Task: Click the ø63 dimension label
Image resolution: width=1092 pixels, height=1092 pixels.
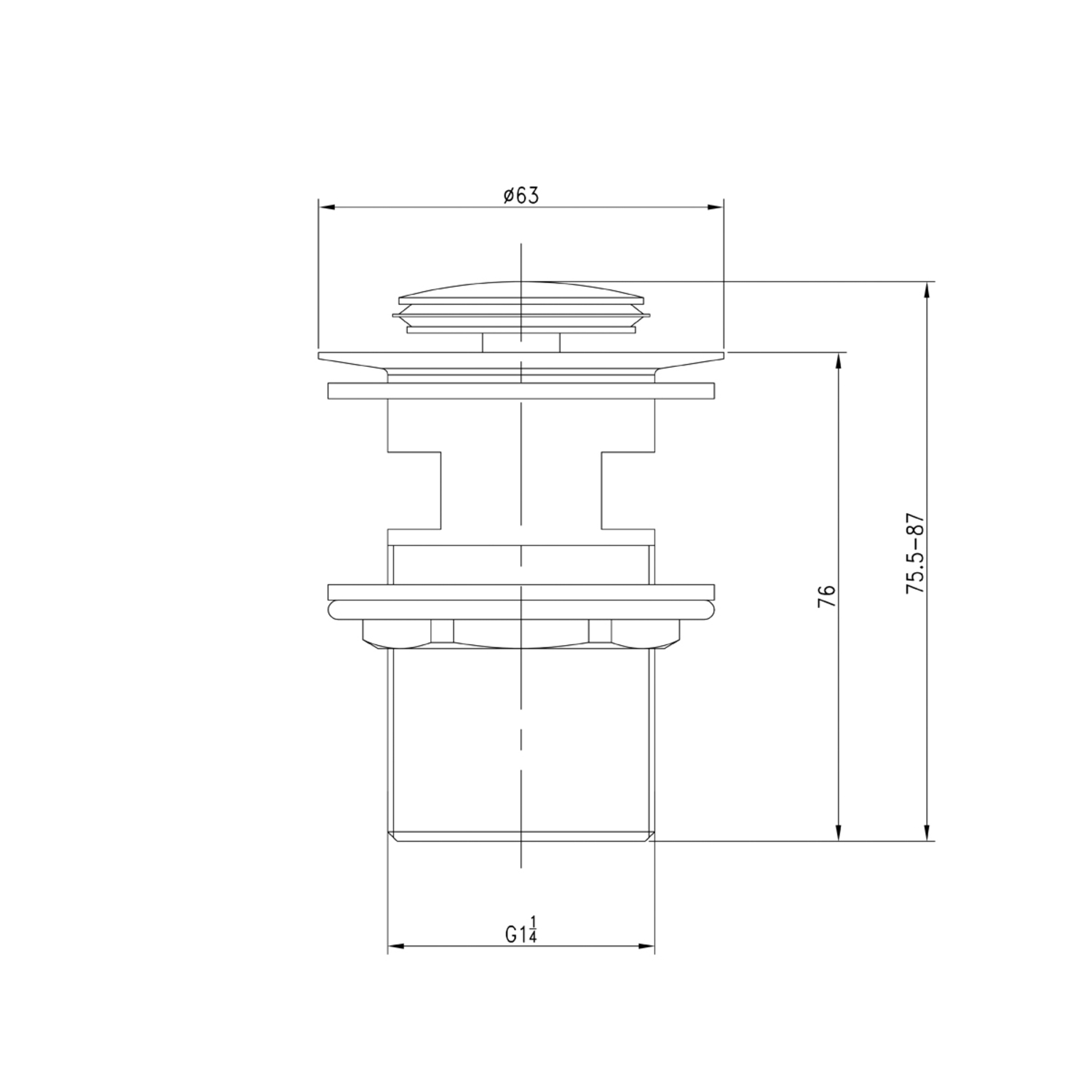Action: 521,196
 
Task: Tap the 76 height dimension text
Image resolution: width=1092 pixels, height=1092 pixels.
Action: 826,596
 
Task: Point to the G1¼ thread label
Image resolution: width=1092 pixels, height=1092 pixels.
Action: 521,932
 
